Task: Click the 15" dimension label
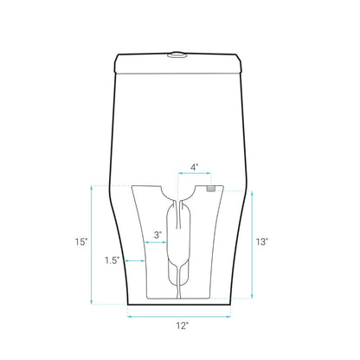click(x=81, y=241)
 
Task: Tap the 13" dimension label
click(x=262, y=241)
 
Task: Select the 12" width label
click(x=183, y=326)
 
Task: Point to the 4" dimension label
click(x=195, y=167)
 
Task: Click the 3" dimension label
click(x=157, y=235)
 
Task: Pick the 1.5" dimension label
click(x=112, y=260)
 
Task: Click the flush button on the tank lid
click(x=177, y=55)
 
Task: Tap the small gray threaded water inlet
click(x=210, y=189)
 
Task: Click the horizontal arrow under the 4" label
click(x=195, y=173)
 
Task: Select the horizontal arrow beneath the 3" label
click(x=156, y=242)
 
